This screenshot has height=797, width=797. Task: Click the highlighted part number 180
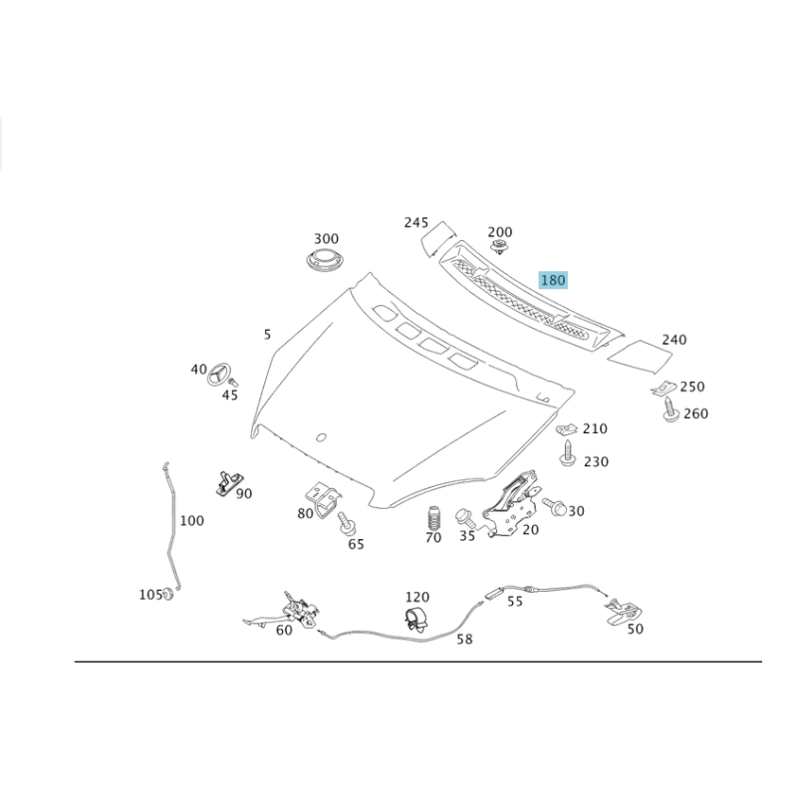[x=553, y=280]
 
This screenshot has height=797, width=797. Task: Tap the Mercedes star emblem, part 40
[x=219, y=375]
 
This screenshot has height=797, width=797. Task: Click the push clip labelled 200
[x=500, y=247]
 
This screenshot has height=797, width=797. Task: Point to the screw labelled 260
[x=670, y=409]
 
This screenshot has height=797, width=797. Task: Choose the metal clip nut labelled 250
[x=664, y=388]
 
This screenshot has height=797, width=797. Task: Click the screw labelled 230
[x=567, y=453]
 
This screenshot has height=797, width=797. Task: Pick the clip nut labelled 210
[x=567, y=430]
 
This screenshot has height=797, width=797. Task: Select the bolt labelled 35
[x=465, y=517]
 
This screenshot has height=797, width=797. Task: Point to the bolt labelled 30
[x=554, y=506]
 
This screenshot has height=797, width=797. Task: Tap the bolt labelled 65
[x=346, y=524]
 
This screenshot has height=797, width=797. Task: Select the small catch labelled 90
[x=227, y=482]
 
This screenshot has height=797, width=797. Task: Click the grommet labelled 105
[x=168, y=594]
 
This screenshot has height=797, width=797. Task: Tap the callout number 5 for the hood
[x=267, y=335]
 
